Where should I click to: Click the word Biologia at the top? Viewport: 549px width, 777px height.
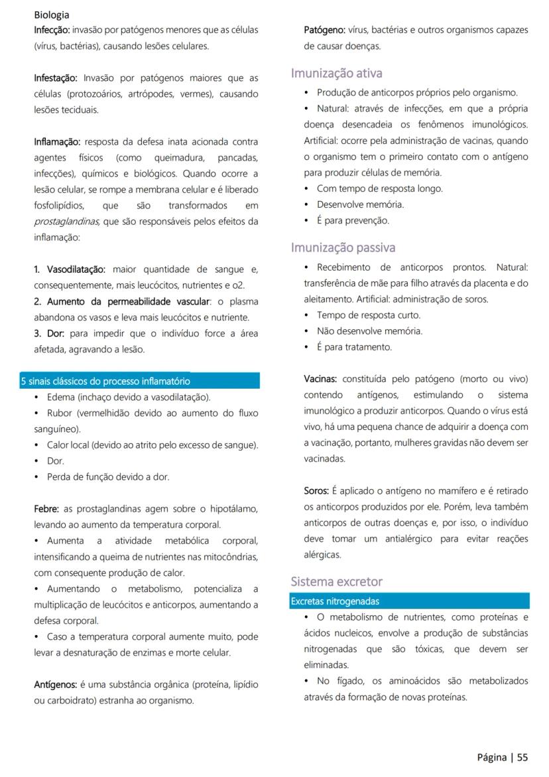click(x=52, y=15)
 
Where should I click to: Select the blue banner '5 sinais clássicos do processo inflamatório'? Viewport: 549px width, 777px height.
click(x=139, y=381)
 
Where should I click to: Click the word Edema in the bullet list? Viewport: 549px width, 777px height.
click(x=60, y=397)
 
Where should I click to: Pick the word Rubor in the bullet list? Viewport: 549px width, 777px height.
click(x=60, y=413)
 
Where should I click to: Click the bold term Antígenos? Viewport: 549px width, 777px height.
click(x=56, y=684)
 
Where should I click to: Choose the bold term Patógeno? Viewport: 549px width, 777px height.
click(x=324, y=30)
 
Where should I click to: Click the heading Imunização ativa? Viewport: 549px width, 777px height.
click(x=336, y=73)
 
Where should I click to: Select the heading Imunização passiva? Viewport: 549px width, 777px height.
click(x=343, y=247)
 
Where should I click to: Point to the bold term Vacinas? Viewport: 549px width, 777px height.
click(x=320, y=379)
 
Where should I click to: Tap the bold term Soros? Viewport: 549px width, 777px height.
click(x=316, y=491)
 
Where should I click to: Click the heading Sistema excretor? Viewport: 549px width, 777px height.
click(x=336, y=582)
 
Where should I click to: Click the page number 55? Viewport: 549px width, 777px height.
click(x=522, y=757)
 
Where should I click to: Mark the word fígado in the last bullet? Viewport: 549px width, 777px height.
click(x=345, y=681)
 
